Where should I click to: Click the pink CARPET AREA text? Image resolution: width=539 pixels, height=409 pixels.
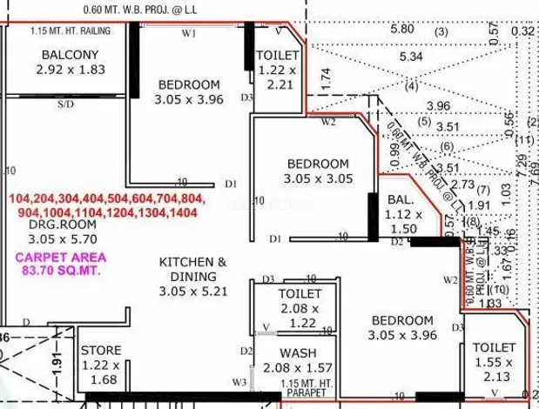61,257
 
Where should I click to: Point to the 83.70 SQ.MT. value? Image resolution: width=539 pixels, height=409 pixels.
61,271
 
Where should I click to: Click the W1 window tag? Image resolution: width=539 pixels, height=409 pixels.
188,34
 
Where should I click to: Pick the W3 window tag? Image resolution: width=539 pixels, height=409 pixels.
238,382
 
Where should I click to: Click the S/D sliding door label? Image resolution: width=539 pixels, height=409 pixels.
65,104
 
